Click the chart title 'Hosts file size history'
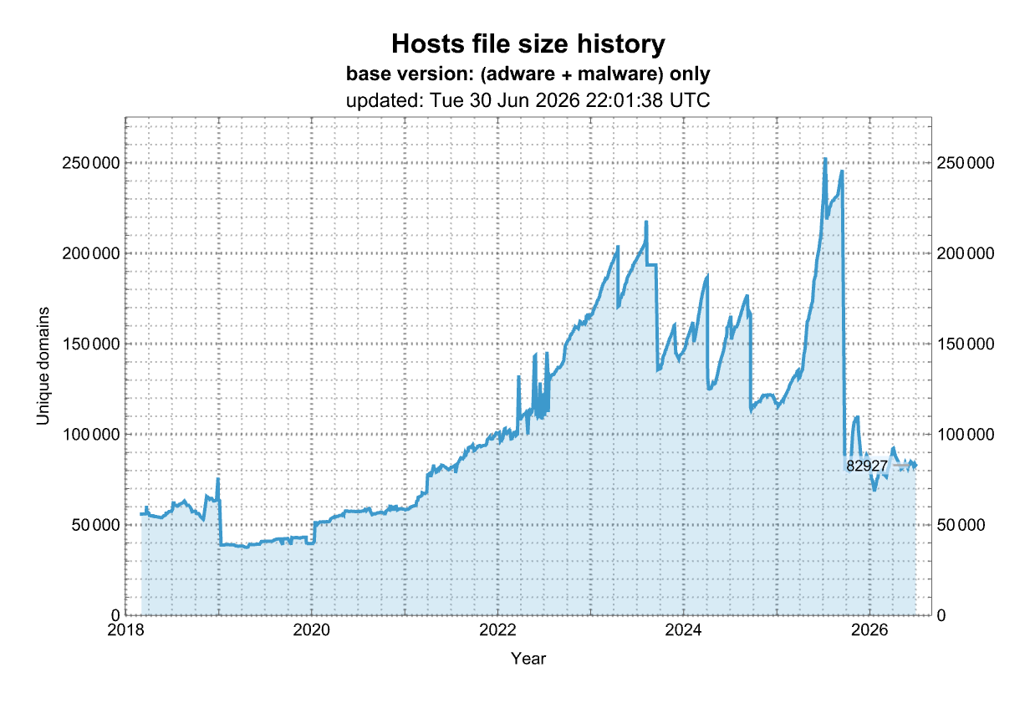pos(528,44)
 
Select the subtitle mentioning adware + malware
pos(528,74)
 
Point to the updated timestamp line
pos(528,100)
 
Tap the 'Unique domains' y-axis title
pos(43,366)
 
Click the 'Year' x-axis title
pos(528,659)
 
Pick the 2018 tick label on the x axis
pos(125,629)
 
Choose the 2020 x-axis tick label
pos(311,629)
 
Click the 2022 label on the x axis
pos(497,629)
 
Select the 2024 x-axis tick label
pos(683,629)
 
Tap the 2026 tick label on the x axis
pos(869,629)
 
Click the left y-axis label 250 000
pos(91,163)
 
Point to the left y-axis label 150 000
pos(91,344)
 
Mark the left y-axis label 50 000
pos(95,525)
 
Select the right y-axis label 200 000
pos(966,253)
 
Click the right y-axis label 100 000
pos(966,435)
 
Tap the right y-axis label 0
pos(941,615)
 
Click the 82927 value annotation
pos(867,466)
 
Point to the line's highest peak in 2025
pos(825,159)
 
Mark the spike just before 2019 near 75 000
pos(218,479)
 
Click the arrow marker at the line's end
pos(914,466)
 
